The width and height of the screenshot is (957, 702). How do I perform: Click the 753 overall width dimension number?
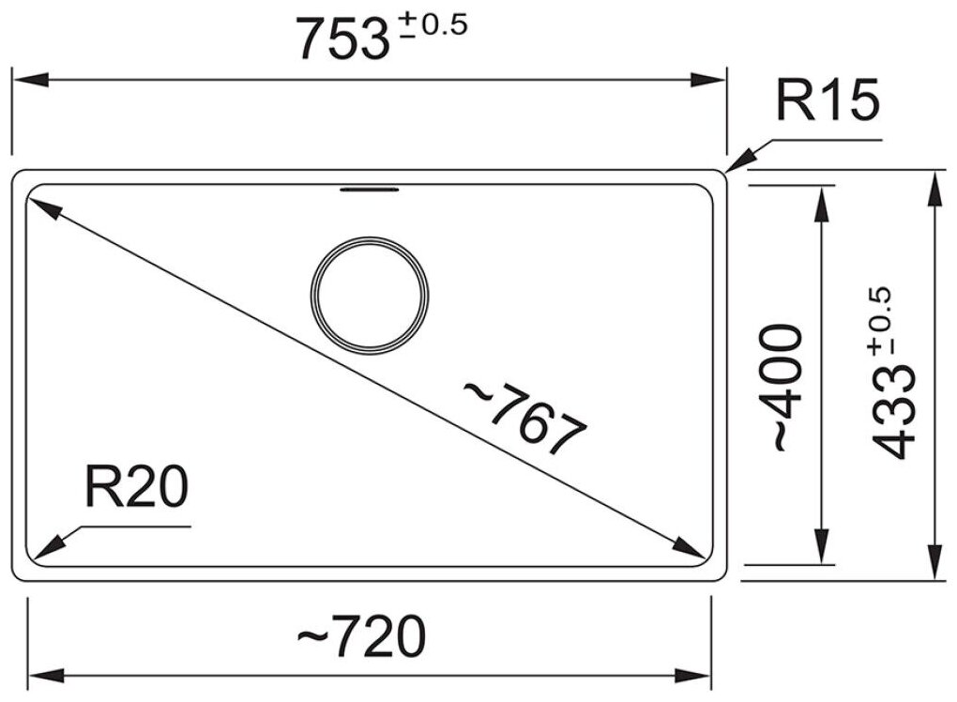click(x=343, y=39)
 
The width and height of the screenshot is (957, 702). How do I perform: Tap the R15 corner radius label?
click(x=827, y=99)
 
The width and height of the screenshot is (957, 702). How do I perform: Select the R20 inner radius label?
click(x=137, y=486)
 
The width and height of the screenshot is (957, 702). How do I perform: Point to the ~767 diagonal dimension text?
click(x=524, y=418)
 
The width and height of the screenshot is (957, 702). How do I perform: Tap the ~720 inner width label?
click(x=361, y=636)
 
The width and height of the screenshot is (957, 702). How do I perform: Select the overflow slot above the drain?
click(x=370, y=190)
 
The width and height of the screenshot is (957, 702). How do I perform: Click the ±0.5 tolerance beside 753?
click(x=433, y=25)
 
